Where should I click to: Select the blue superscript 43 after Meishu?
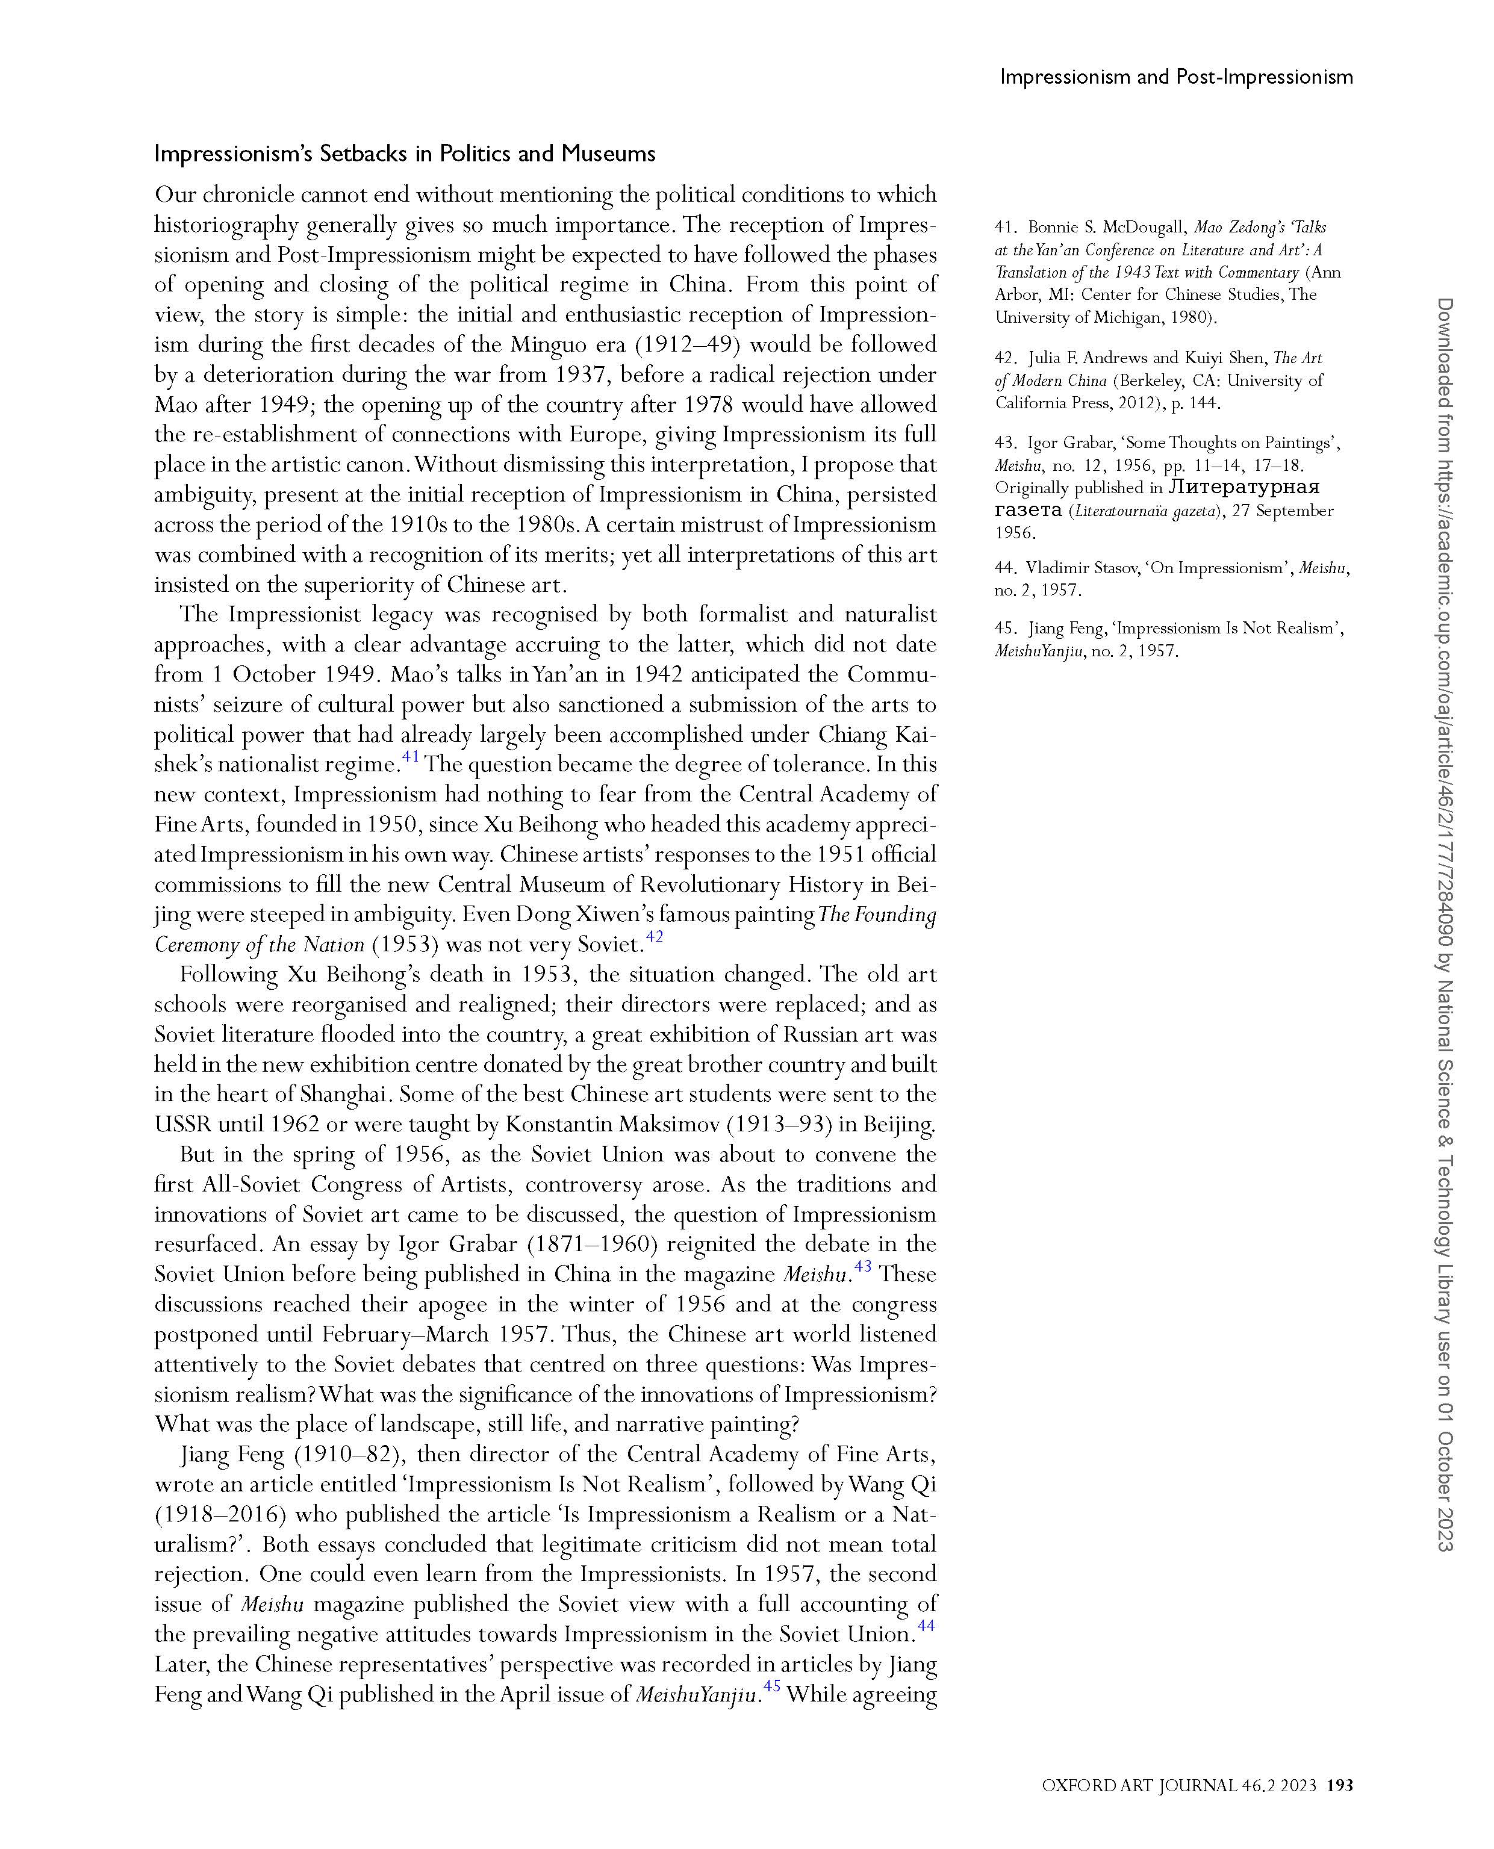click(862, 1266)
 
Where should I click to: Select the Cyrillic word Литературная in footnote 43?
click(1243, 487)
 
